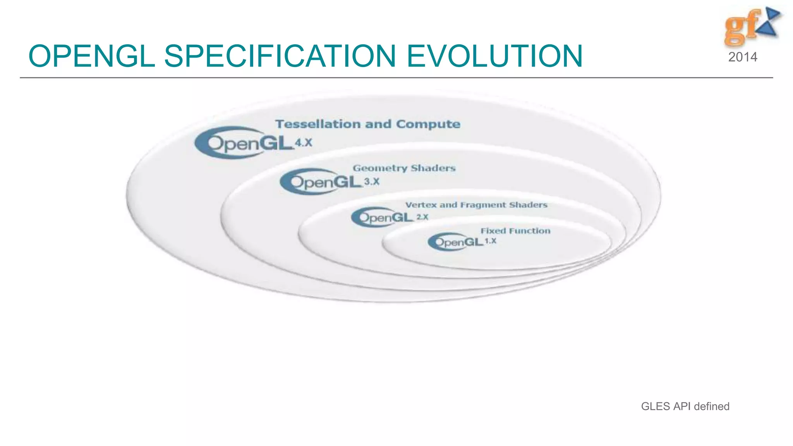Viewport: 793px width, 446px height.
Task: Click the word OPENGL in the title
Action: pyautogui.click(x=92, y=56)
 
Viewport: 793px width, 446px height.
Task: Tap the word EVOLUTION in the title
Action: pyautogui.click(x=494, y=56)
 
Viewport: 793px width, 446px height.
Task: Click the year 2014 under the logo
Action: pyautogui.click(x=742, y=57)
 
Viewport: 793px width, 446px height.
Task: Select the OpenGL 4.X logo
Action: pyautogui.click(x=244, y=143)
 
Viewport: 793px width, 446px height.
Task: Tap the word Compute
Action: pyautogui.click(x=428, y=124)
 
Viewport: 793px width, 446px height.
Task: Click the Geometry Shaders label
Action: pyautogui.click(x=404, y=168)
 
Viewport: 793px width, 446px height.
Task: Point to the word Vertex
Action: pyautogui.click(x=421, y=205)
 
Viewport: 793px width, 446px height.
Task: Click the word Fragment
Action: pyautogui.click(x=483, y=205)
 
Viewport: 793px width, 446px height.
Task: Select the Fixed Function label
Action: pyautogui.click(x=515, y=231)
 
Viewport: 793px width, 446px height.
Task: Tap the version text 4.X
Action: pyautogui.click(x=303, y=143)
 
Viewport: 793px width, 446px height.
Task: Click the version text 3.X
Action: pyautogui.click(x=372, y=182)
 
